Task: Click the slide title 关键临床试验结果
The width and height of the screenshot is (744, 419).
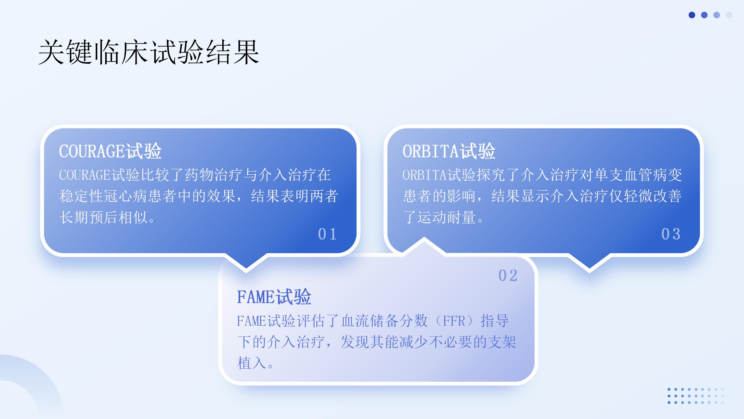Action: [149, 52]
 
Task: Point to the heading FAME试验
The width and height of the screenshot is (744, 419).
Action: [274, 297]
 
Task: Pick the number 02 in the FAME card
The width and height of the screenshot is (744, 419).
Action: [508, 275]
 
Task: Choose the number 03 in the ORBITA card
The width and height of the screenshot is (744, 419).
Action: [671, 234]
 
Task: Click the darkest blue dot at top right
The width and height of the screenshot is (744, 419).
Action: [692, 15]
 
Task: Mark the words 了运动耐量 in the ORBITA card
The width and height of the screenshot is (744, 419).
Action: [439, 217]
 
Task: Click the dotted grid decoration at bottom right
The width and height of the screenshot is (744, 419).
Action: [699, 396]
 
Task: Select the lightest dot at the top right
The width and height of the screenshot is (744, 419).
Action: [729, 15]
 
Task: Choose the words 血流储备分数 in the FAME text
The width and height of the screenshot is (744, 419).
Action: [384, 321]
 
